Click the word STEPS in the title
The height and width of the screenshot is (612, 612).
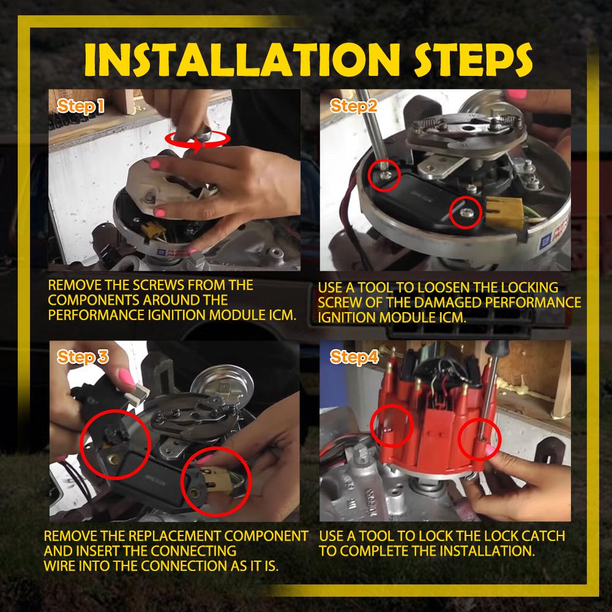tap(473, 60)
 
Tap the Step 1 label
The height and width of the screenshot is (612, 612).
tap(81, 106)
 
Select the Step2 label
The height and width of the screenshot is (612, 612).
tap(354, 106)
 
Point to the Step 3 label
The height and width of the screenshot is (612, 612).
tap(83, 357)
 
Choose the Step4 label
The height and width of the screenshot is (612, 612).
tap(354, 357)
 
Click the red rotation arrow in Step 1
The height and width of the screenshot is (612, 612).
tap(197, 140)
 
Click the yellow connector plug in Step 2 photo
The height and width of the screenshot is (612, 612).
tap(504, 212)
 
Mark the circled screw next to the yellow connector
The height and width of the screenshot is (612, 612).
tap(466, 212)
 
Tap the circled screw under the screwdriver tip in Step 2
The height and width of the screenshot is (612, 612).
tap(384, 174)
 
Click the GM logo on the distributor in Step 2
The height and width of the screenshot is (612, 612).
tap(545, 241)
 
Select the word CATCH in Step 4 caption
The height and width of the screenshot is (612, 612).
tap(543, 536)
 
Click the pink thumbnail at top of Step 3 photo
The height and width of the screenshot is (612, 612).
tap(126, 377)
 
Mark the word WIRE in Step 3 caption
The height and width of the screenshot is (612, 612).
tap(59, 565)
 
